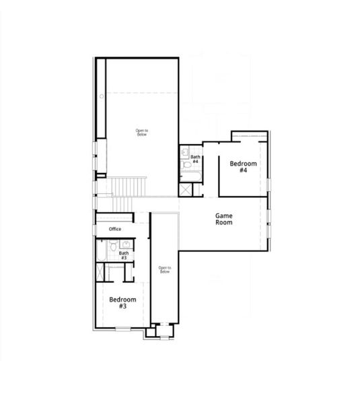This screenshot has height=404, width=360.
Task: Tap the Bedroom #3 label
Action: (x=123, y=302)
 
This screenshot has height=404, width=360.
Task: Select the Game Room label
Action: (x=224, y=219)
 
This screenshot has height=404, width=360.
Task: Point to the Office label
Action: (x=114, y=230)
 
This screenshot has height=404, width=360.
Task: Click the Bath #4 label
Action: (x=194, y=159)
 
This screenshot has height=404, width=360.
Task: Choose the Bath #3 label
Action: (x=124, y=255)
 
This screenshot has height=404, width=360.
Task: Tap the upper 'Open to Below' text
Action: (x=141, y=132)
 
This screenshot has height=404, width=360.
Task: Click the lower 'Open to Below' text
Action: (x=165, y=270)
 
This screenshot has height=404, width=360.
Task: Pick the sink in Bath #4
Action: (x=185, y=154)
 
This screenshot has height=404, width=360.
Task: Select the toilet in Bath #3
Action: (x=113, y=254)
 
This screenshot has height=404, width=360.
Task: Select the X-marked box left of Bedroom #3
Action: (x=100, y=273)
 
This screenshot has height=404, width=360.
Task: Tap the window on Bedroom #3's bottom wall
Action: (x=123, y=329)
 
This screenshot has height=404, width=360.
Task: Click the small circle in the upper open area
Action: (x=102, y=96)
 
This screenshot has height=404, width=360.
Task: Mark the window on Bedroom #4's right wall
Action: (x=268, y=184)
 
